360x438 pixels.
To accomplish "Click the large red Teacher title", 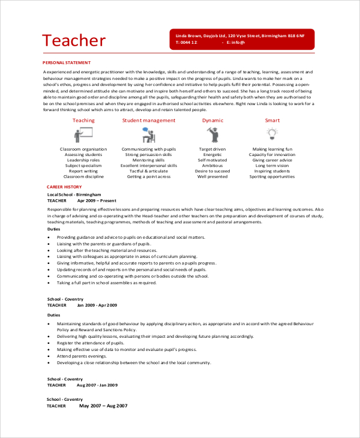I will click(x=74, y=40).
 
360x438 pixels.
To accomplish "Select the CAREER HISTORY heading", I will click(x=64, y=187).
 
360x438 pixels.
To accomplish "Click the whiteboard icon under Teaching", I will click(x=83, y=134).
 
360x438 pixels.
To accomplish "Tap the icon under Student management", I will click(x=149, y=134).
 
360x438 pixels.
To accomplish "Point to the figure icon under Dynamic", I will click(x=212, y=134).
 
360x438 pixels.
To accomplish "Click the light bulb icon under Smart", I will click(x=272, y=133).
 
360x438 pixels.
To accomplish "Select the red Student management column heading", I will click(x=149, y=121).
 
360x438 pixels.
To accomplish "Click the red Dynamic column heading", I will click(x=212, y=121).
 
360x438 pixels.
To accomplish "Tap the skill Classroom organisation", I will click(x=83, y=149).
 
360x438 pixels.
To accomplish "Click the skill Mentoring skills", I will click(x=149, y=160).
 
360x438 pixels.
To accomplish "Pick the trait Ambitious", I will click(x=212, y=166).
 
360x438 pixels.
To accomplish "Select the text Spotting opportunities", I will click(x=272, y=177).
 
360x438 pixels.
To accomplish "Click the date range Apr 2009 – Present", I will click(x=97, y=200).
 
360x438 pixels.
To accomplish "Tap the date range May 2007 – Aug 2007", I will click(x=104, y=406).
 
